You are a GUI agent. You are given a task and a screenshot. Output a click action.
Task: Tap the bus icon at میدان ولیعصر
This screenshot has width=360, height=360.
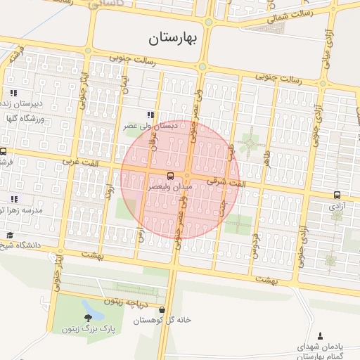tap(171, 175)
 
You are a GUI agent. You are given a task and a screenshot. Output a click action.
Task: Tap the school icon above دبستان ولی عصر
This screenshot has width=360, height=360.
tap(150, 115)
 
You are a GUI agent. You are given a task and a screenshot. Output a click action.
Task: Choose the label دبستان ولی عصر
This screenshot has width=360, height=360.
tap(150, 126)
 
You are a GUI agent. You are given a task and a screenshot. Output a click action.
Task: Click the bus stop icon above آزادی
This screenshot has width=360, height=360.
tap(337, 195)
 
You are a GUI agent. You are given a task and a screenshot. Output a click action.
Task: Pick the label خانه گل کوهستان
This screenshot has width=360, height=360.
tap(162, 320)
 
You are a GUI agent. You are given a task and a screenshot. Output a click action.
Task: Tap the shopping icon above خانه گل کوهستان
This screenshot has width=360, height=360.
tap(162, 309)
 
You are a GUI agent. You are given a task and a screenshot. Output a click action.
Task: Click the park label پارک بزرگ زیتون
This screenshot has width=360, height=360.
tap(86, 328)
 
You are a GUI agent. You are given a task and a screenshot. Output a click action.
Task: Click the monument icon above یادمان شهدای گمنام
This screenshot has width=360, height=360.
tap(321, 335)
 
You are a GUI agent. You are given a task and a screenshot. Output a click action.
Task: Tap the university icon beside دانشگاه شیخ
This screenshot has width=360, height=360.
tap(9, 235)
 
